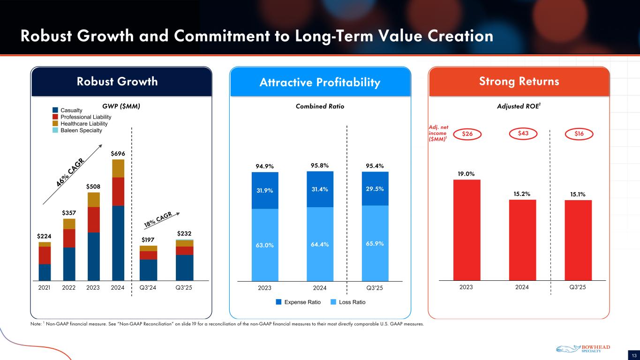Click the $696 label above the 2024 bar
pos(118,154)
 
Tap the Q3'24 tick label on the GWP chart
pos(148,287)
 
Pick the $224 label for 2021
pos(45,236)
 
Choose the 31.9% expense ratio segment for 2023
pos(265,190)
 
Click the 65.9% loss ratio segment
pos(375,244)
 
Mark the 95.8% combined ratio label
pos(320,165)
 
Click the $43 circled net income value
pos(522,134)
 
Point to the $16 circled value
pos(578,134)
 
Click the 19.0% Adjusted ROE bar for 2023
pos(467,230)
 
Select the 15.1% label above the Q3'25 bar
pos(578,194)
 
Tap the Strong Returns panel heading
pos(519,82)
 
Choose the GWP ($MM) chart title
pos(121,106)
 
